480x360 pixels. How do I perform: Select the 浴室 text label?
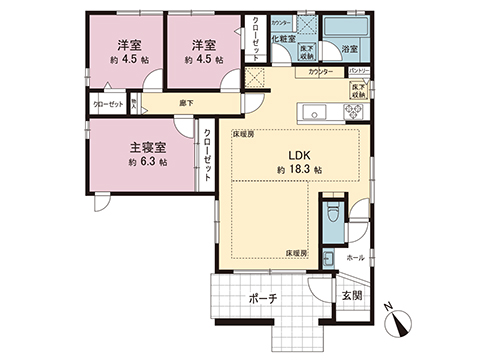[x=350, y=48]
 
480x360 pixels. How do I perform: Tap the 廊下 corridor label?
[x=186, y=102]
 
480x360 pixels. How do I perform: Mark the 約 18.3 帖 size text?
[x=297, y=171]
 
